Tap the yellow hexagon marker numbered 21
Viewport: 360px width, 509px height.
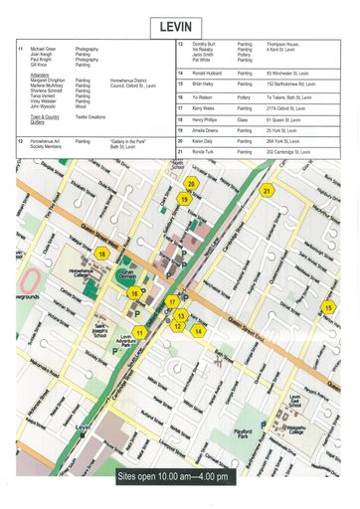click(x=267, y=191)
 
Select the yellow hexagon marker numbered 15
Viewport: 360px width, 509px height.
click(x=328, y=308)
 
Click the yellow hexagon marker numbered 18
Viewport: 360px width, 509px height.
click(x=101, y=254)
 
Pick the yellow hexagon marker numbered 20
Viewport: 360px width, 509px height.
click(x=191, y=184)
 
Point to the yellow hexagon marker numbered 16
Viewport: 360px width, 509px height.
click(x=133, y=293)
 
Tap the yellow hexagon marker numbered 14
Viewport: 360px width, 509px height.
click(x=198, y=331)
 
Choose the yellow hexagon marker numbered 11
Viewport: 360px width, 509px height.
click(x=140, y=333)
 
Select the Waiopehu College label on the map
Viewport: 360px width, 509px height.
click(x=298, y=403)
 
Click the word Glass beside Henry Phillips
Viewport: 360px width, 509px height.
click(x=243, y=119)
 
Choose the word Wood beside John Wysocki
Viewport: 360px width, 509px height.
click(x=81, y=105)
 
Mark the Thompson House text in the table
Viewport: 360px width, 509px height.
click(x=285, y=44)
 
